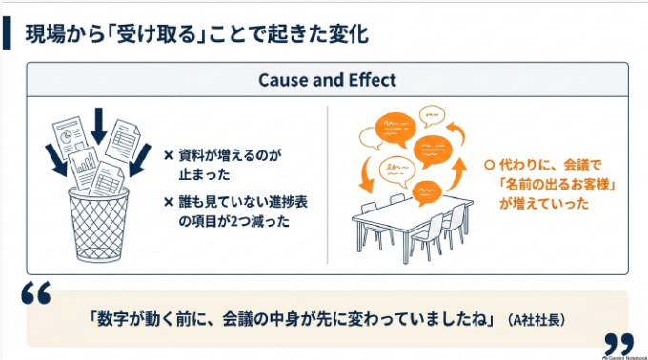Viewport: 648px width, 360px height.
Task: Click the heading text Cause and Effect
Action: pos(327,80)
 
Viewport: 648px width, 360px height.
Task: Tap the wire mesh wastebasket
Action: pos(98,225)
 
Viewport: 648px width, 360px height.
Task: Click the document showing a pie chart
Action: pos(70,136)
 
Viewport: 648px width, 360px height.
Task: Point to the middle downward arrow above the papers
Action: pos(99,126)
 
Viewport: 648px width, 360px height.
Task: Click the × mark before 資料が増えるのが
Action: pos(169,155)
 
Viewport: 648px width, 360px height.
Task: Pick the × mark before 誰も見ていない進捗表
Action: pos(169,202)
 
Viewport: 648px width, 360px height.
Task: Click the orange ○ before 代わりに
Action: pos(489,165)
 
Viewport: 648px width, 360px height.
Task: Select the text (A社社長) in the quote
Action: pos(536,320)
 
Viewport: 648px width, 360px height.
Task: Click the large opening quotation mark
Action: pos(36,293)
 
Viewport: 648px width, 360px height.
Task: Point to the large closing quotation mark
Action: pos(618,344)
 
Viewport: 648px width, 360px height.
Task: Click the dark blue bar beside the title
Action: pos(7,33)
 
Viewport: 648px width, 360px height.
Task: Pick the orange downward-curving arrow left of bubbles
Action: pos(366,175)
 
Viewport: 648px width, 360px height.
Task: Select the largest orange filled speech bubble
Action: pos(395,128)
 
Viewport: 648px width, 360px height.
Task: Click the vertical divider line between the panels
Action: pos(327,185)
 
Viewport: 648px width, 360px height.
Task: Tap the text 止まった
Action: pos(204,174)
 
